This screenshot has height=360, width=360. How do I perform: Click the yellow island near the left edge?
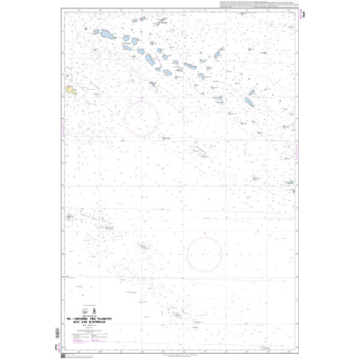[72, 89]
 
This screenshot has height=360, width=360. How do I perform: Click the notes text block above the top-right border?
[264, 7]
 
